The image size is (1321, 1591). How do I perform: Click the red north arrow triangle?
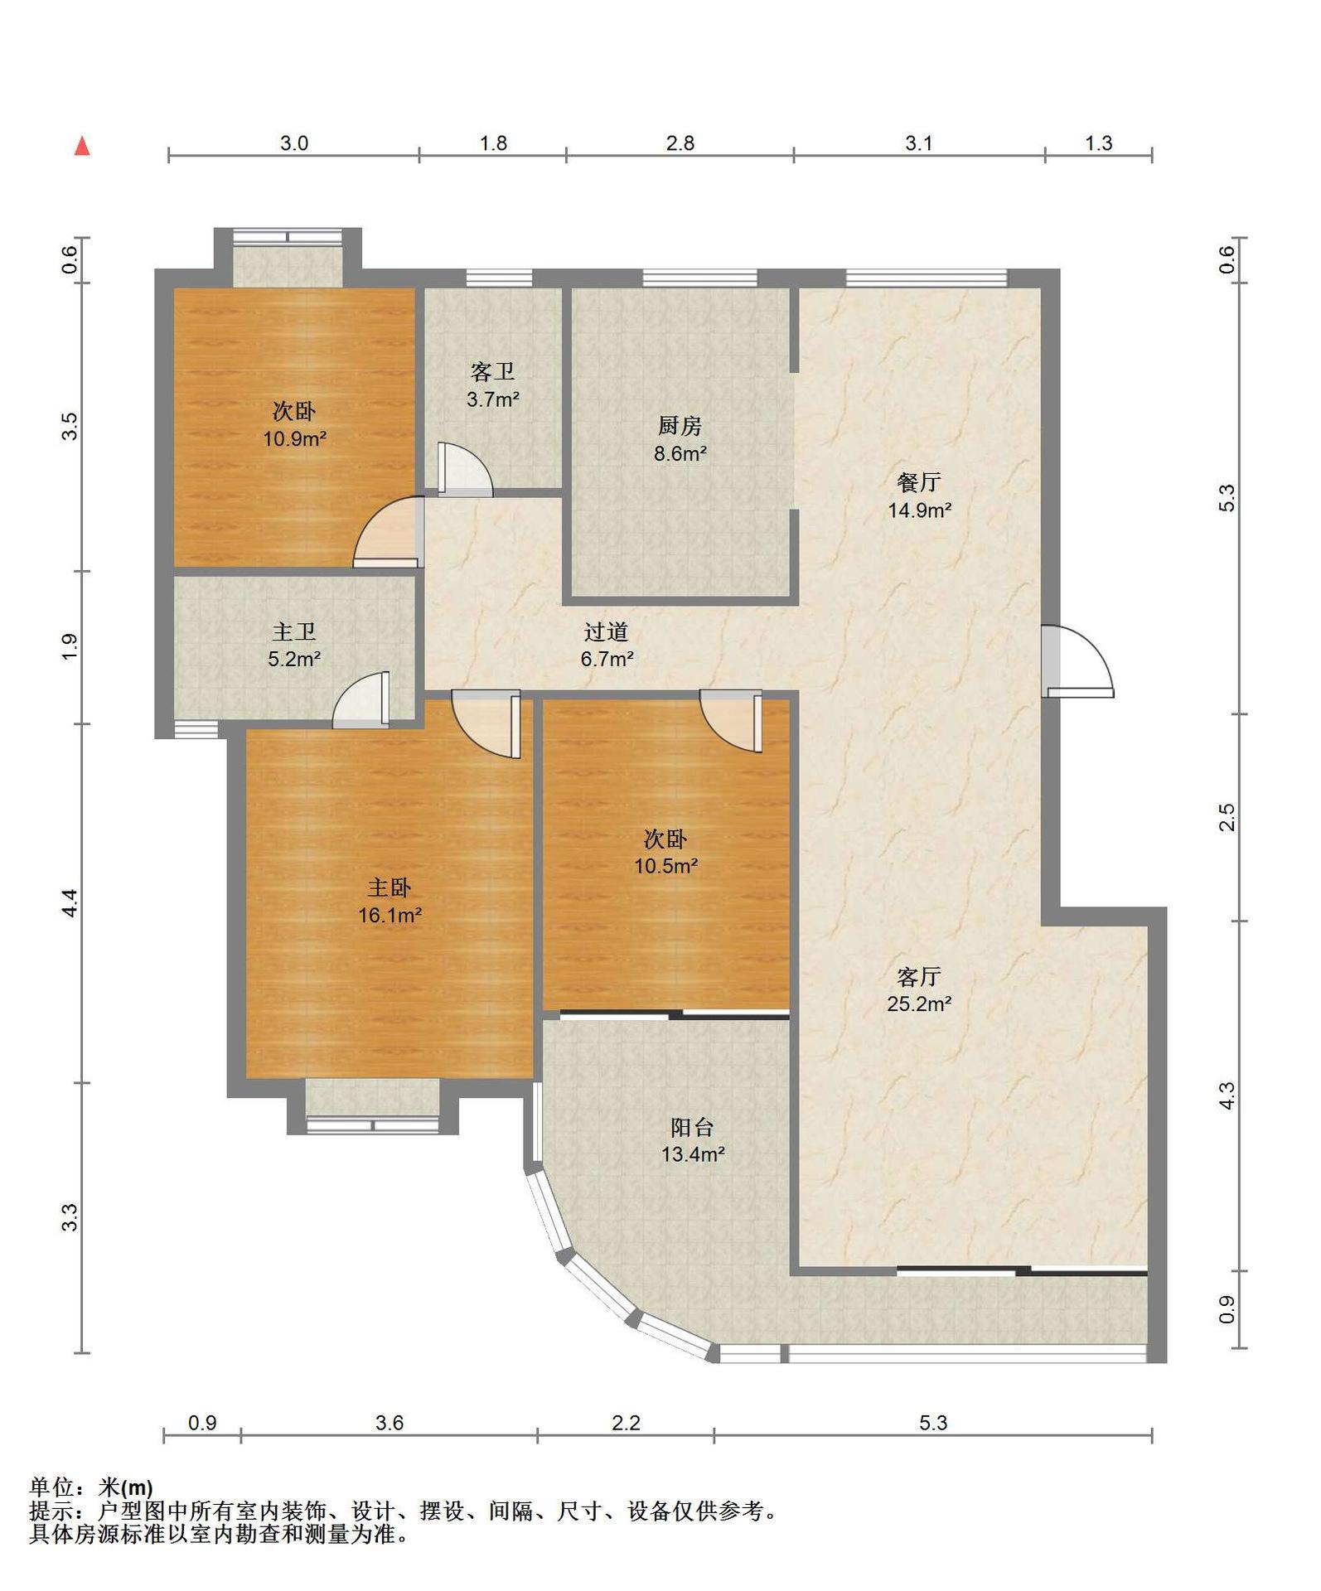coord(82,146)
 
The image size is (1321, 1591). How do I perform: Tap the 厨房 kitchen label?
coord(680,439)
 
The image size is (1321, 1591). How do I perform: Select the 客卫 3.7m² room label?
coord(493,385)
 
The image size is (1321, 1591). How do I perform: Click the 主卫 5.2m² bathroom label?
coord(294,646)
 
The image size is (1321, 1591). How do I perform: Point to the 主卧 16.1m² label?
coord(390,902)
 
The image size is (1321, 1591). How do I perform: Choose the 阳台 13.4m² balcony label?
coord(693,1140)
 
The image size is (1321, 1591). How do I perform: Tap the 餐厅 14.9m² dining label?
coord(919,496)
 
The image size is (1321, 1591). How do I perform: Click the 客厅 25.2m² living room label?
coord(919,990)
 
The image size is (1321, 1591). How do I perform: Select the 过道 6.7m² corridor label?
coord(607,646)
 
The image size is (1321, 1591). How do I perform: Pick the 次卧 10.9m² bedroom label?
coord(294,425)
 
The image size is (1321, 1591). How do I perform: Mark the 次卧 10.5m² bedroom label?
coord(665,853)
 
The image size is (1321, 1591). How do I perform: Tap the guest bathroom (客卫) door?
coord(464,470)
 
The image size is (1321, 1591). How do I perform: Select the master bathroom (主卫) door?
coord(361,700)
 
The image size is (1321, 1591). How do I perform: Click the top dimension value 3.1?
coord(918,143)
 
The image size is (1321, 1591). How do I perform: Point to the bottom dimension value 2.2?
coord(626,1423)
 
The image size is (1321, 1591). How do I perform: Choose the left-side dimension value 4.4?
coord(70,902)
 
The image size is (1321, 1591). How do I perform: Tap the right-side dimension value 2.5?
coord(1227,817)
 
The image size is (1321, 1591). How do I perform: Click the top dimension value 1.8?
coord(493,143)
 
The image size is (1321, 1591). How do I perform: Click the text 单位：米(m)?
coord(91,1487)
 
